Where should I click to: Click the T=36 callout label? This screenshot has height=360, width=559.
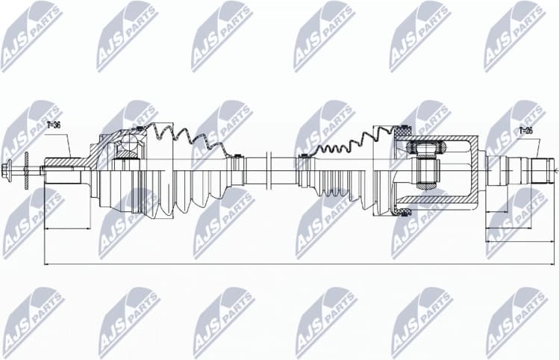pyautogui.click(x=53, y=125)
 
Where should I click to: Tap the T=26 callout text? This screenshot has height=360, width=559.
pyautogui.click(x=525, y=131)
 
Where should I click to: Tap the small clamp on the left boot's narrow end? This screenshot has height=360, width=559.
pyautogui.click(x=237, y=158)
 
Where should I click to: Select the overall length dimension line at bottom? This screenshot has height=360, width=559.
pyautogui.click(x=299, y=263)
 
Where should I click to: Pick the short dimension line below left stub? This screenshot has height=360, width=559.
pyautogui.click(x=67, y=228)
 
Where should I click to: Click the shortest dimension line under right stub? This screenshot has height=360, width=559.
pyautogui.click(x=508, y=211)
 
